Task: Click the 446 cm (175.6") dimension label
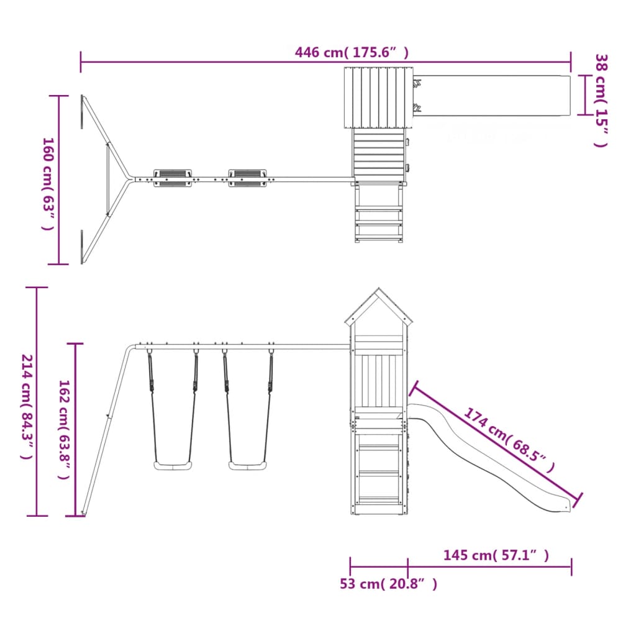pos(352,53)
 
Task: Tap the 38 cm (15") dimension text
pos(601,101)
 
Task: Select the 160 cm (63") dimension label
pos(48,184)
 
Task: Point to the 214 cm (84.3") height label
pos(27,407)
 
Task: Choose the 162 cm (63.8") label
pos(65,429)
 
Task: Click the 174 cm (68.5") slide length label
pos(509,440)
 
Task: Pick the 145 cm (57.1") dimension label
pos(496,555)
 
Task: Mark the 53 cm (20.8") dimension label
pos(389,584)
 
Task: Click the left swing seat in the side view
pos(173,465)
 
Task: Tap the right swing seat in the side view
pos(247,465)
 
